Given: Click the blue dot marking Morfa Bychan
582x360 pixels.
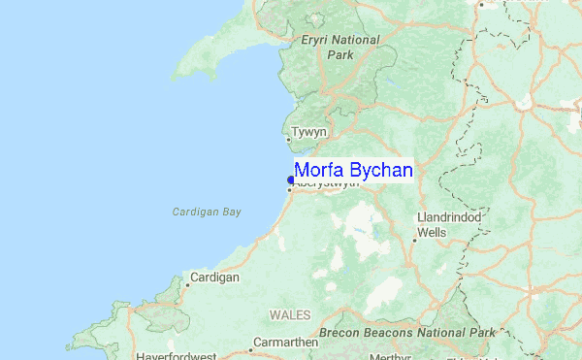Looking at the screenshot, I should [x=291, y=180].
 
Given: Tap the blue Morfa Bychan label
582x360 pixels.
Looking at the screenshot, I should [x=354, y=171].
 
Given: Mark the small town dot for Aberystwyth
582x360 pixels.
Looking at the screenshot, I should [x=288, y=189].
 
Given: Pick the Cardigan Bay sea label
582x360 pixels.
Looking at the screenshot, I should [x=206, y=212].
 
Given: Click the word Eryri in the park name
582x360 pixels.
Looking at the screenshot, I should [x=318, y=40].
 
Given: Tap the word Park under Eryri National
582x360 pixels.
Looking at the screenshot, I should [x=340, y=55].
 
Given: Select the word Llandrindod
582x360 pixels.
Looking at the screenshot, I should [x=449, y=216].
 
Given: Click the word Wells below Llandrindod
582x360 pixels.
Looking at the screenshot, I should [x=432, y=233].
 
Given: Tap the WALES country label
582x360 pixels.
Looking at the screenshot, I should [x=290, y=316].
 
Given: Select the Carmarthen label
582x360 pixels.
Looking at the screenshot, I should [x=285, y=343].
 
